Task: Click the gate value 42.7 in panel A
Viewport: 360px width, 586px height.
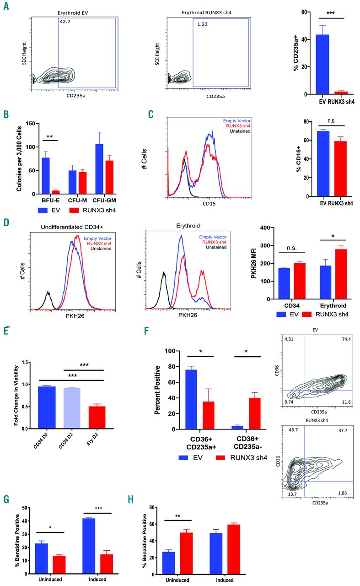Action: (64, 22)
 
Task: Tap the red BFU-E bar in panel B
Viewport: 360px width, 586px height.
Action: (56, 192)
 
